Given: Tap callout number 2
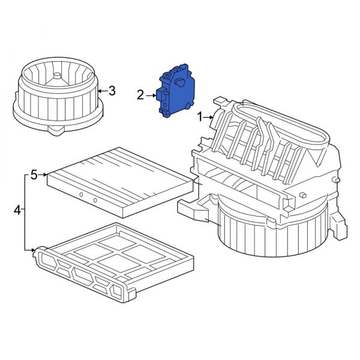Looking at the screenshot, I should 140,95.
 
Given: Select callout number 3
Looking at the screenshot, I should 112,91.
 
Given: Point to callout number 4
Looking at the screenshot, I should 17,210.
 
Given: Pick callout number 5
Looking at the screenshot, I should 34,175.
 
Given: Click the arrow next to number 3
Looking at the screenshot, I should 102,91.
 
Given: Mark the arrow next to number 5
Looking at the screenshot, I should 43,175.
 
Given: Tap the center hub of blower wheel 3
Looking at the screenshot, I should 57,76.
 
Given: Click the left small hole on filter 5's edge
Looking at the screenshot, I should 80,196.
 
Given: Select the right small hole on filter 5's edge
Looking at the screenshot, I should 95,200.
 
